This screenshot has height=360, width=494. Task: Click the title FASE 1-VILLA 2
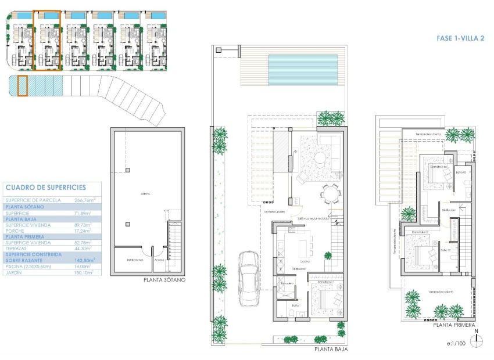coord(460,38)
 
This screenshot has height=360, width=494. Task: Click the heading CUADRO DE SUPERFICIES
coord(45,188)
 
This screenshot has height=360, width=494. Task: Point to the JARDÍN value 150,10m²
coord(85,272)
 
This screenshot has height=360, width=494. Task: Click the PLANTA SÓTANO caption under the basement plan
coord(164,280)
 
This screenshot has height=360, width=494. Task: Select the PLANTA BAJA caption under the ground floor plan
coord(331,350)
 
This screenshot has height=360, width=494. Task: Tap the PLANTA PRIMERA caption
coord(454,326)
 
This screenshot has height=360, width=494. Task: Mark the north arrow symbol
coord(476,337)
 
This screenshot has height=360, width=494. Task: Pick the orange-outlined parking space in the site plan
coord(23,86)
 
